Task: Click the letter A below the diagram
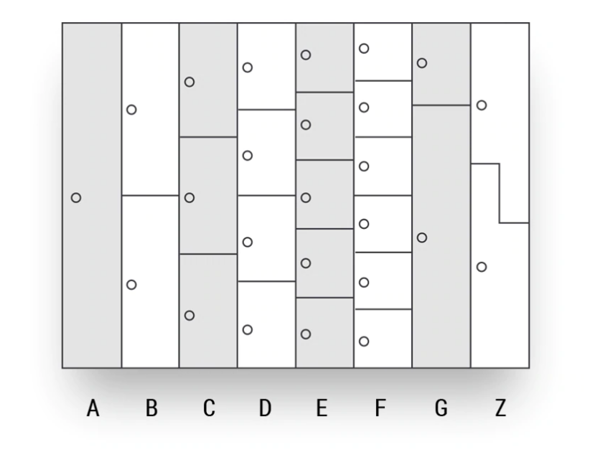92,409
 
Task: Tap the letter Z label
500,409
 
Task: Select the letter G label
441,409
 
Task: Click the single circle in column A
76,197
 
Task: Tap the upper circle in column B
131,110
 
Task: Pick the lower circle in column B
131,285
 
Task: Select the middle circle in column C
189,197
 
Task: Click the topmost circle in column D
248,67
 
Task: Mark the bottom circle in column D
248,329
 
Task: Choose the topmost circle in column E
306,55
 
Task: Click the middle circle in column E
306,197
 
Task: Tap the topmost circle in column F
364,49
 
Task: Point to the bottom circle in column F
364,341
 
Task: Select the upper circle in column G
422,63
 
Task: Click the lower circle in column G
422,237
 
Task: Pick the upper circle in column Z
482,105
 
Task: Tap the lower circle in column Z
482,267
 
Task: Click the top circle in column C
189,82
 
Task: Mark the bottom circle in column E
306,334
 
